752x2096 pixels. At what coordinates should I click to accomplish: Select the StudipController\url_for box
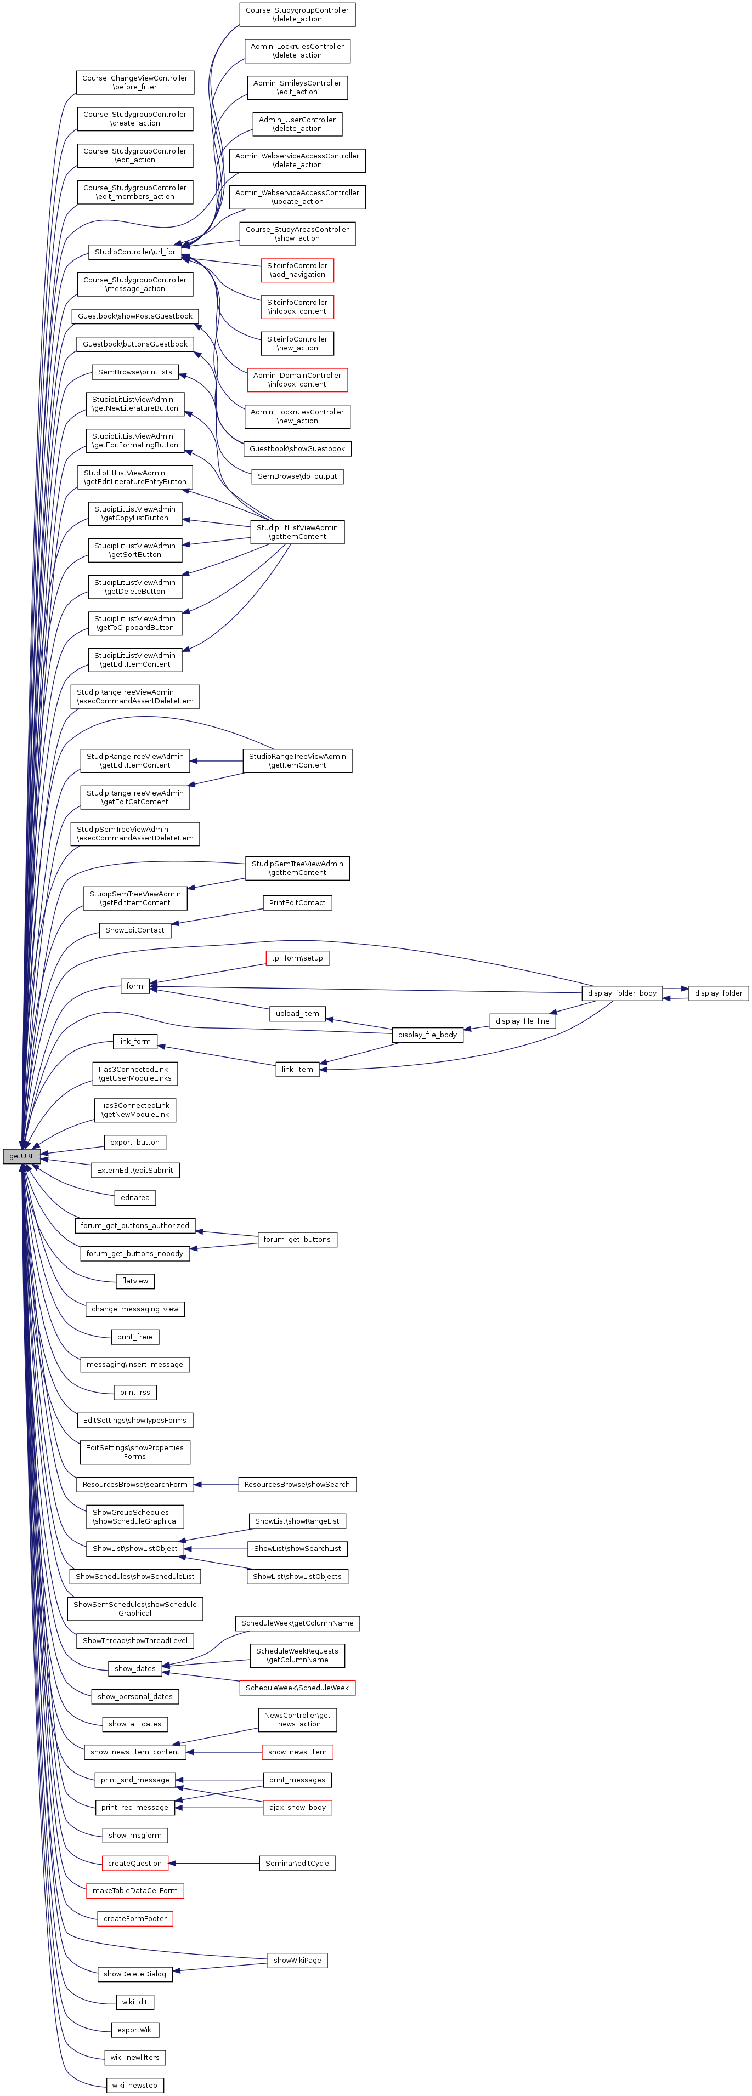pyautogui.click(x=135, y=252)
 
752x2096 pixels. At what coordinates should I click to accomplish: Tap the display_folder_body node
pyautogui.click(x=622, y=993)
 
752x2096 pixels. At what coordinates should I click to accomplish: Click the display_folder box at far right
pyautogui.click(x=718, y=993)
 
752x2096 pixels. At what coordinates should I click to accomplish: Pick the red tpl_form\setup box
pyautogui.click(x=297, y=958)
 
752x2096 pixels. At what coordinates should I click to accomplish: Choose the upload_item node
pyautogui.click(x=297, y=1013)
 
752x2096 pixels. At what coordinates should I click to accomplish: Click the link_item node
pyautogui.click(x=297, y=1069)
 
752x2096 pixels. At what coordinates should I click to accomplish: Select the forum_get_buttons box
pyautogui.click(x=297, y=1239)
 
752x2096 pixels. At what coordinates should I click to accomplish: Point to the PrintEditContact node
pyautogui.click(x=297, y=902)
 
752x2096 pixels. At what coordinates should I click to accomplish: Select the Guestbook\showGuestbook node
pyautogui.click(x=297, y=448)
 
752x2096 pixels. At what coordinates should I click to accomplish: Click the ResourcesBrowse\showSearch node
pyautogui.click(x=297, y=1484)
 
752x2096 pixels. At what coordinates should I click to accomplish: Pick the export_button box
pyautogui.click(x=135, y=1143)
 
